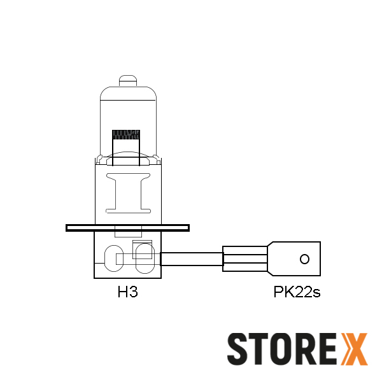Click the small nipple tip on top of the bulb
tap(128, 81)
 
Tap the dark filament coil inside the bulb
tap(126, 134)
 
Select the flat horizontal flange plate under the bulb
tap(127, 227)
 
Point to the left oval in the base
tap(112, 258)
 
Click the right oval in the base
tap(144, 257)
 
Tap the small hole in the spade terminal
tap(304, 259)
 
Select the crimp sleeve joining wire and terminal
tap(245, 258)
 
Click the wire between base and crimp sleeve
tap(191, 259)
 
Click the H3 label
tap(128, 293)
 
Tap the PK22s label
tap(297, 293)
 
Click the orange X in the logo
tap(355, 349)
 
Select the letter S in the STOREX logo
tap(239, 349)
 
